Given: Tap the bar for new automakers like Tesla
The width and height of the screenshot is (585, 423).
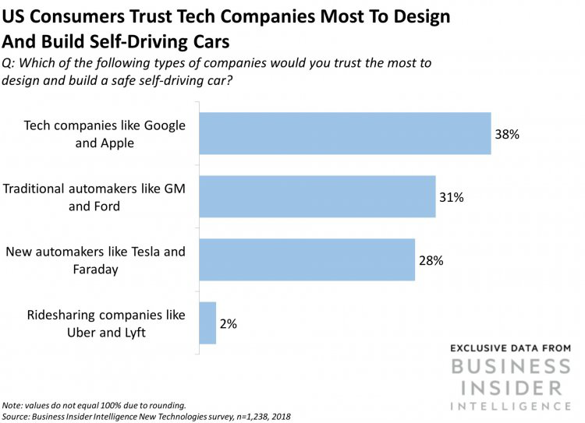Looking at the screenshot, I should (x=307, y=259).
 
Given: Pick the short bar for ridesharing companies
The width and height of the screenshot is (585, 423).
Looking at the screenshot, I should (x=207, y=323).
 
